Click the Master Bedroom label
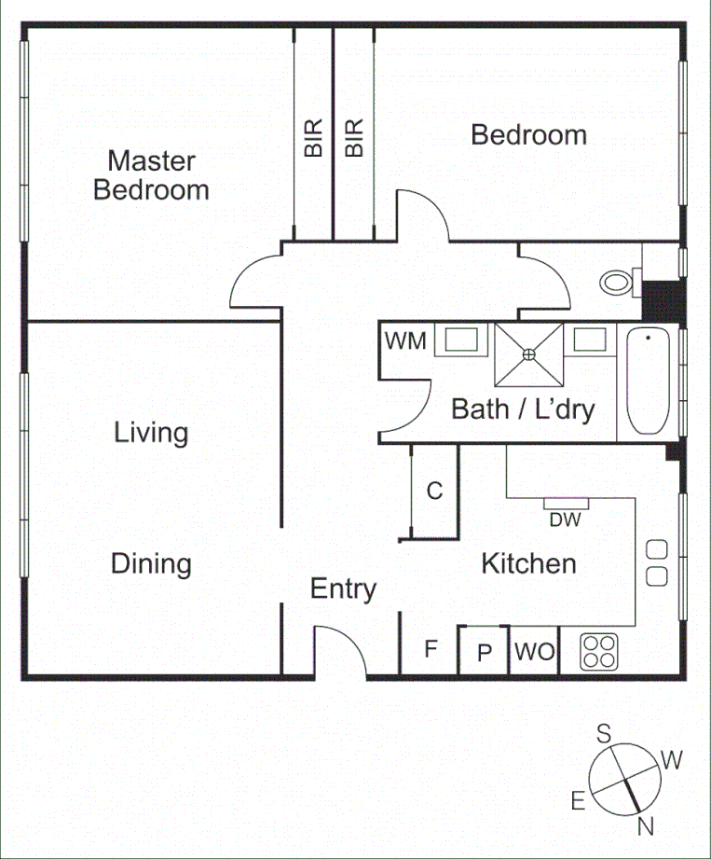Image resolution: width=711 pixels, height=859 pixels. (x=151, y=175)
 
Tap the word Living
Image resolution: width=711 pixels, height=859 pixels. (x=151, y=433)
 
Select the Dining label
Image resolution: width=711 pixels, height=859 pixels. (x=151, y=563)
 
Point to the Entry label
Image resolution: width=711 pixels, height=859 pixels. (x=343, y=589)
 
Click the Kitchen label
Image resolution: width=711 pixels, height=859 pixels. (x=528, y=563)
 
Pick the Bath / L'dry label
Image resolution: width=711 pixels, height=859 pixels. (x=523, y=409)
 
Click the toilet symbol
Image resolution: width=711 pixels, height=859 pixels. (x=618, y=280)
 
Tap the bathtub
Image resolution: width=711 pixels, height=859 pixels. (x=648, y=381)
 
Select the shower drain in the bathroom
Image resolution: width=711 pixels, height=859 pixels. (x=529, y=353)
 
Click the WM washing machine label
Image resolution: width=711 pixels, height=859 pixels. (x=405, y=341)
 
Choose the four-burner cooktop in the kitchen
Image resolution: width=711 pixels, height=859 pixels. (x=598, y=650)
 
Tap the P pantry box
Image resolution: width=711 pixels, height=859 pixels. (x=484, y=652)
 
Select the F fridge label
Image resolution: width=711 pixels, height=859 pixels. (x=431, y=649)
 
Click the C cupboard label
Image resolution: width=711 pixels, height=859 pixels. (x=434, y=491)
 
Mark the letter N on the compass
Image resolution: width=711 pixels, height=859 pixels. (x=646, y=824)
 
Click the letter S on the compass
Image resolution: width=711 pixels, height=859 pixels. (x=604, y=734)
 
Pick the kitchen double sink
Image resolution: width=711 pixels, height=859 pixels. (x=657, y=563)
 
